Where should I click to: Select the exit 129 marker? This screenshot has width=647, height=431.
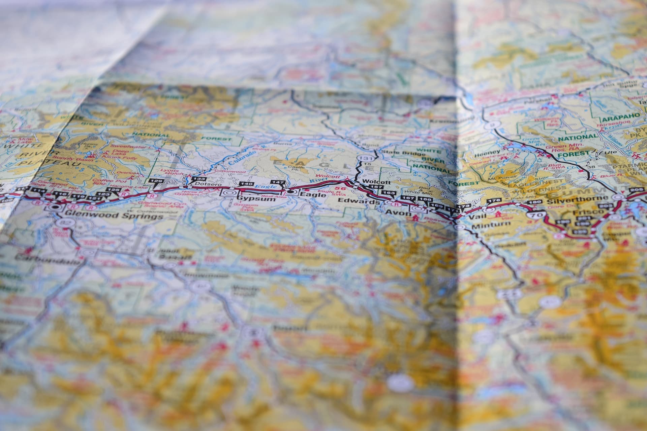pos(158,181)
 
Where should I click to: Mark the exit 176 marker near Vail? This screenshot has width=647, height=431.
pos(494,201)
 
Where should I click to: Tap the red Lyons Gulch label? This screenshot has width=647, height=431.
pos(168,172)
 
